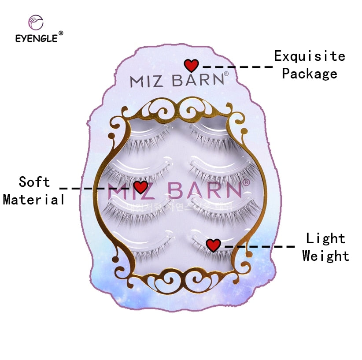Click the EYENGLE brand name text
pyautogui.click(x=36, y=38)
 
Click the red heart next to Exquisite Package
pyautogui.click(x=191, y=66)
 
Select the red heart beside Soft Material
pyautogui.click(x=140, y=187)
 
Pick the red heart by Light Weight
pyautogui.click(x=213, y=245)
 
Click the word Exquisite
pyautogui.click(x=310, y=56)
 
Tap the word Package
pyautogui.click(x=310, y=74)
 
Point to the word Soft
pyautogui.click(x=34, y=182)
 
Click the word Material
pyautogui.click(x=34, y=200)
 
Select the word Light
pyautogui.click(x=326, y=238)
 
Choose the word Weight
pyautogui.click(x=326, y=256)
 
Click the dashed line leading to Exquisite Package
pyautogui.click(x=238, y=67)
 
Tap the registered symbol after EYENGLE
pyautogui.click(x=61, y=33)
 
